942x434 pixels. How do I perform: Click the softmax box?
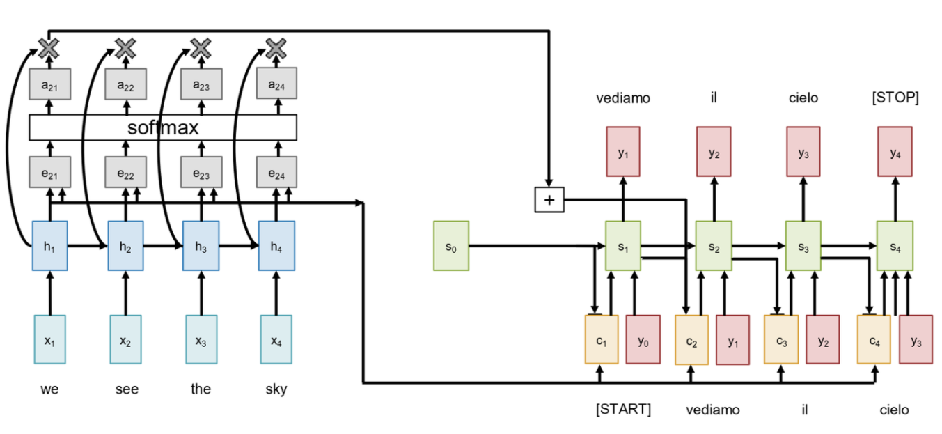163,127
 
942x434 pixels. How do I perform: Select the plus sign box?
549,200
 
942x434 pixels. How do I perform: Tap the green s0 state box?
451,245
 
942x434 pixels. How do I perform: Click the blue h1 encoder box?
49,245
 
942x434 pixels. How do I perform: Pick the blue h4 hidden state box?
276,245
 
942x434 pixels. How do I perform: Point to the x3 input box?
201,339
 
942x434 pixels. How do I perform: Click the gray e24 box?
276,171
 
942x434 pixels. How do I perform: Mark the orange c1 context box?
602,339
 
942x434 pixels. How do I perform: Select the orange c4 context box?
874,339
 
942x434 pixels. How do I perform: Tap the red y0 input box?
643,339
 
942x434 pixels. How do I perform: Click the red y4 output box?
895,151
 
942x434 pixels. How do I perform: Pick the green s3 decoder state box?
803,245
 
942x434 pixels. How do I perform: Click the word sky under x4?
276,389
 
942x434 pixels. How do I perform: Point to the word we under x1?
49,389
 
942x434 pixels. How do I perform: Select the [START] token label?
623,409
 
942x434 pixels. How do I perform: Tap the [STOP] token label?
895,98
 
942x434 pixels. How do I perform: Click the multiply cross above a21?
49,48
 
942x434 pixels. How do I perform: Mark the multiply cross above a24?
276,48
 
